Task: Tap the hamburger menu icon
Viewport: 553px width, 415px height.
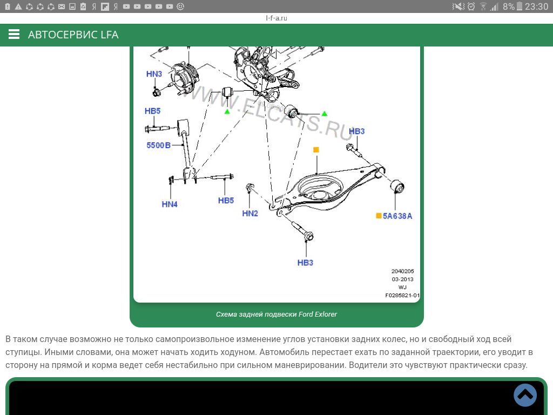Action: [x=14, y=35]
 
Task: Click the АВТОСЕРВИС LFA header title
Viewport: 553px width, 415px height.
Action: [x=73, y=35]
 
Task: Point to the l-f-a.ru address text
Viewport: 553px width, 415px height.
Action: [x=276, y=18]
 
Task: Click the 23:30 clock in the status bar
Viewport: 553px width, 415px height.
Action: [x=536, y=6]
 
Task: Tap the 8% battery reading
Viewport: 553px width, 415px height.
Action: [x=508, y=6]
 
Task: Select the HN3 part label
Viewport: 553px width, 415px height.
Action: [x=154, y=74]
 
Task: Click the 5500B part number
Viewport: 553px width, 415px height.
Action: [x=158, y=145]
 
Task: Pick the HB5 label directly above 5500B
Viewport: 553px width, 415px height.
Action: [x=152, y=111]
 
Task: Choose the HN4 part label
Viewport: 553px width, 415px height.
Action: [x=170, y=204]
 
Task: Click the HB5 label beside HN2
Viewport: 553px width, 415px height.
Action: [x=226, y=200]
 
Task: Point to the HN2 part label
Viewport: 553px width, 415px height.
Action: [x=250, y=213]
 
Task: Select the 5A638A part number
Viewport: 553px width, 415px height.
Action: [x=397, y=216]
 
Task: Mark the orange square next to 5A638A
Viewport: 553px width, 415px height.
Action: [x=379, y=216]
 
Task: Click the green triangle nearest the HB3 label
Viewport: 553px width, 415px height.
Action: [x=324, y=113]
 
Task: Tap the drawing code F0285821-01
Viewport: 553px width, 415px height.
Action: [x=402, y=296]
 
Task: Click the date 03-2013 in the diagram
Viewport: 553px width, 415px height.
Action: [x=402, y=279]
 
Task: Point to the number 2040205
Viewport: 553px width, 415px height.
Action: [x=402, y=271]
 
